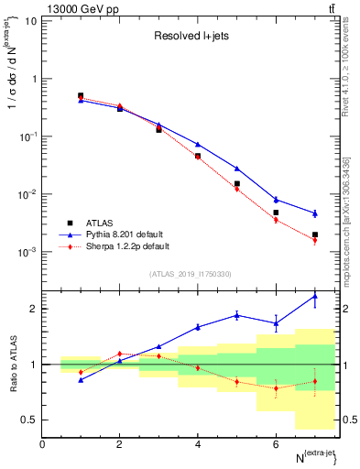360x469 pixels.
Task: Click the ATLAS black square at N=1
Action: coord(81,95)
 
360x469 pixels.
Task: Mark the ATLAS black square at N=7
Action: coord(315,234)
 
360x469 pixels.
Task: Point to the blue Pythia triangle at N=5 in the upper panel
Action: coord(237,169)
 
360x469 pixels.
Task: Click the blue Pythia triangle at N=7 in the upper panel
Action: coord(315,213)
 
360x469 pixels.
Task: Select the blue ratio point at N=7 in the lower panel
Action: coord(315,296)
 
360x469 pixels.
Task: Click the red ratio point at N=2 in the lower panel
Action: coord(119,354)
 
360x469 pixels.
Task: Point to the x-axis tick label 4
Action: coord(198,444)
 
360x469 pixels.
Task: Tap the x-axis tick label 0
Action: coord(42,444)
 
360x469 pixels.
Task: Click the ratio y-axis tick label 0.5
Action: coord(30,420)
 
